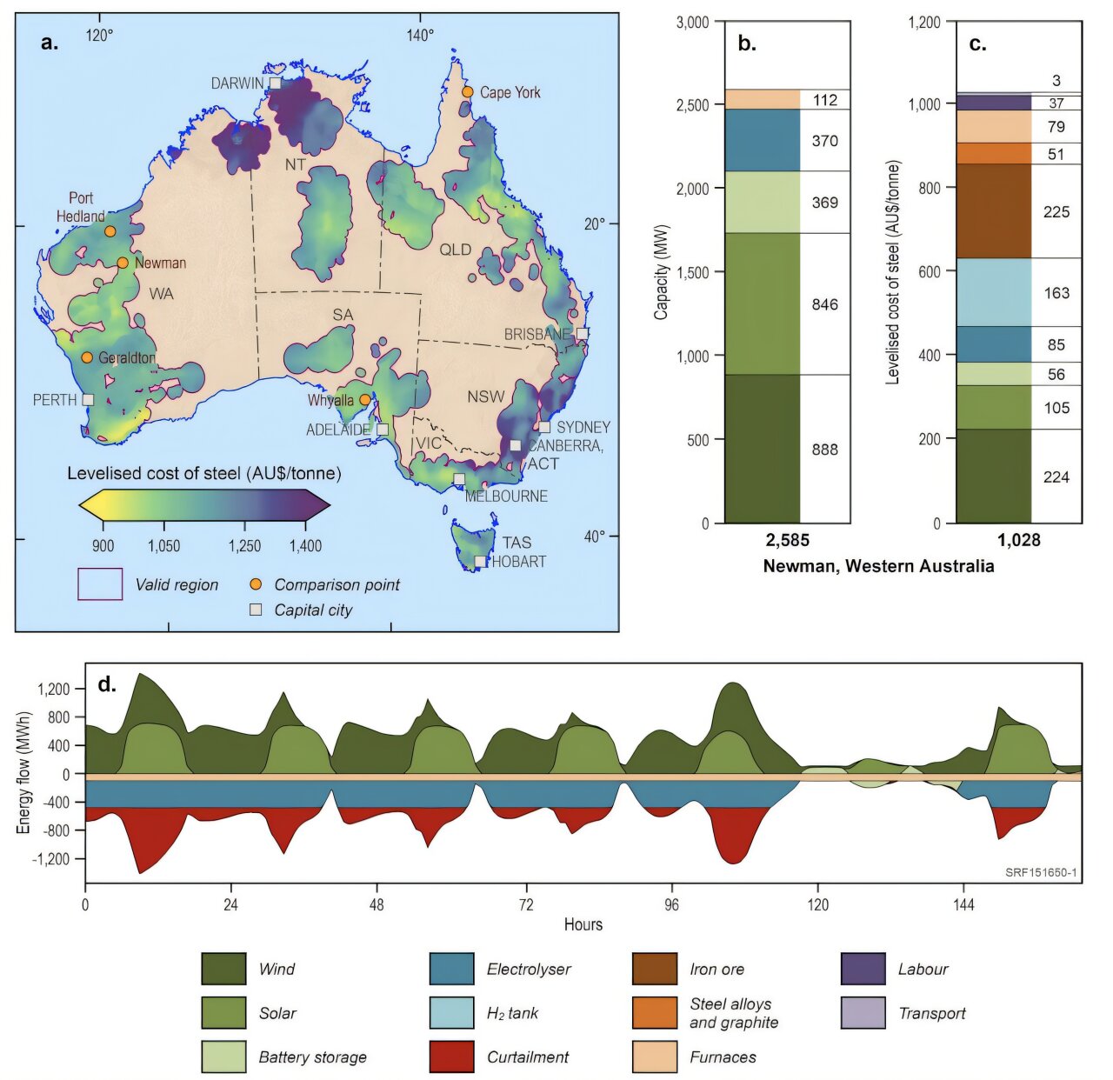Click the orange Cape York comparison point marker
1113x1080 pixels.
coord(467,92)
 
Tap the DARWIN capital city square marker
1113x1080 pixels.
coord(275,83)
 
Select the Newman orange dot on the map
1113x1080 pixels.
coord(123,263)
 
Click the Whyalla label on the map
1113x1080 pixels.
coord(330,401)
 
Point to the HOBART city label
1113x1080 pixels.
coord(519,562)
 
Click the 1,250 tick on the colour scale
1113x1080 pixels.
coord(244,546)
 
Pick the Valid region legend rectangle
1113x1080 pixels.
coord(100,584)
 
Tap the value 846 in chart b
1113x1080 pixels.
coord(824,304)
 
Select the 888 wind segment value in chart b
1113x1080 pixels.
coord(824,450)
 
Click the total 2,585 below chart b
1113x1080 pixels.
coord(787,541)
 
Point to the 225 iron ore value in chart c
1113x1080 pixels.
coord(1056,212)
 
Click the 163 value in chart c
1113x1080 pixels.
coord(1056,293)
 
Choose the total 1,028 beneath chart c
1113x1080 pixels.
coord(1018,541)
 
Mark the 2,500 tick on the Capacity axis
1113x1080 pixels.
coord(692,105)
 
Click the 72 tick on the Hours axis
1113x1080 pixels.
coord(525,905)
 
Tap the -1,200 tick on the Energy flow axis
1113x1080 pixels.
coord(52,859)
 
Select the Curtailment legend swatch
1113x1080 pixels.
coord(451,1057)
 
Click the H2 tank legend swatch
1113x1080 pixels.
coord(451,1013)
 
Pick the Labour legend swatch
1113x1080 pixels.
coord(863,969)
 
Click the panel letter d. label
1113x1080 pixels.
coord(106,684)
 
